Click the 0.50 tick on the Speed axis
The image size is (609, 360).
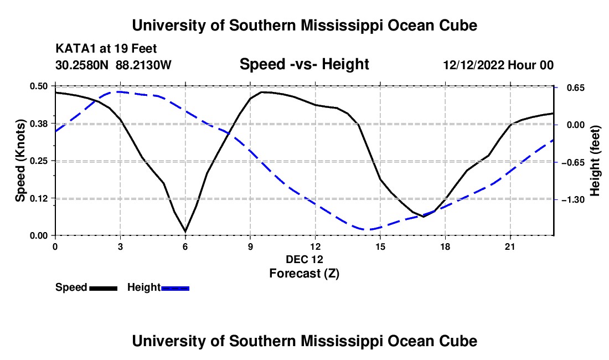[x=38, y=86]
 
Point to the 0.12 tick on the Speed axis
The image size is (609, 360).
[x=38, y=198]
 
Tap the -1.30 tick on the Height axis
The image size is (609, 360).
[x=573, y=199]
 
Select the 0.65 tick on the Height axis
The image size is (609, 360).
[x=576, y=88]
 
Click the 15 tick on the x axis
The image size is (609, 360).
[x=380, y=246]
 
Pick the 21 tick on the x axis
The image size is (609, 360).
[x=510, y=246]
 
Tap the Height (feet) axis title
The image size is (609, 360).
[x=595, y=161]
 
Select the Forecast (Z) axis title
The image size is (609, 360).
[x=304, y=274]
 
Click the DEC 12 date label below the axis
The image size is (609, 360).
[x=304, y=259]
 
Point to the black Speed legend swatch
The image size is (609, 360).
[x=103, y=288]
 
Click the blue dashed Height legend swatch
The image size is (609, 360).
[x=175, y=288]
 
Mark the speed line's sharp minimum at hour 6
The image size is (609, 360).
[x=185, y=232]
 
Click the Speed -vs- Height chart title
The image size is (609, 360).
[x=304, y=64]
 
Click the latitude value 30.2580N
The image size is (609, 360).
[x=82, y=65]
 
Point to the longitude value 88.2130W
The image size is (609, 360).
[x=143, y=65]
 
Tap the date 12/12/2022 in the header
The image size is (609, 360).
[x=473, y=65]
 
